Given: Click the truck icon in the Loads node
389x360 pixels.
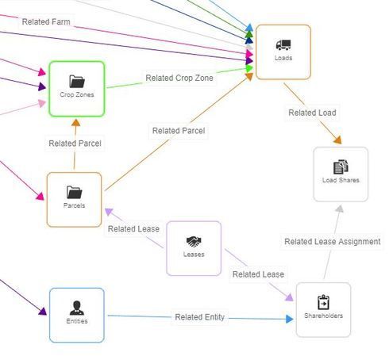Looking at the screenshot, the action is click(283, 44).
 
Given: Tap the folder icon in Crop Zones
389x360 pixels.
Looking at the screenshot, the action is click(77, 82).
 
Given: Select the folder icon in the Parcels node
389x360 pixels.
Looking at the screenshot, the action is click(74, 192).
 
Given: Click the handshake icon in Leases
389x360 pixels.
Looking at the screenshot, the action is click(194, 242).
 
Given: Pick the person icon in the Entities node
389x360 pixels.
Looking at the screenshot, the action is click(77, 308).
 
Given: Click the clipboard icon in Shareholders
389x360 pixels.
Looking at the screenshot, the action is click(323, 302).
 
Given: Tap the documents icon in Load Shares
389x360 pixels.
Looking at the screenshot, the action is click(341, 167).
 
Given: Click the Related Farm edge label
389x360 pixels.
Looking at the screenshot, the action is click(46, 21).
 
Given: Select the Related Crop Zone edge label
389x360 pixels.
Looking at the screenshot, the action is click(179, 78).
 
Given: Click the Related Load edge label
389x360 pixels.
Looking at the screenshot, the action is click(312, 113).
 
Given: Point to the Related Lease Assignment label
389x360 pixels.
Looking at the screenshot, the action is click(333, 241).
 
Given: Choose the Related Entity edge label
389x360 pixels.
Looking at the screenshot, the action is click(200, 317).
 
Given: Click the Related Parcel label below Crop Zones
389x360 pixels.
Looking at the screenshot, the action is click(75, 144).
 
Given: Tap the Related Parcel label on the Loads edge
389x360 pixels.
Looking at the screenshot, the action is click(179, 131).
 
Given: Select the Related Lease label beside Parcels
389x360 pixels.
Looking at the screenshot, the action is click(133, 228).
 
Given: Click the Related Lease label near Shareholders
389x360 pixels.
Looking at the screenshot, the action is click(258, 274).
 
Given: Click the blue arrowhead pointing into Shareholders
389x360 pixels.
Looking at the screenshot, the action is click(290, 319).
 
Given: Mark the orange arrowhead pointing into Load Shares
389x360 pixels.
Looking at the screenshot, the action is click(338, 140).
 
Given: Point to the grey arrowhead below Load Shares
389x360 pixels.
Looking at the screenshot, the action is click(339, 209).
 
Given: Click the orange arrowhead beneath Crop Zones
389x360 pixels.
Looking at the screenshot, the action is click(75, 123).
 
